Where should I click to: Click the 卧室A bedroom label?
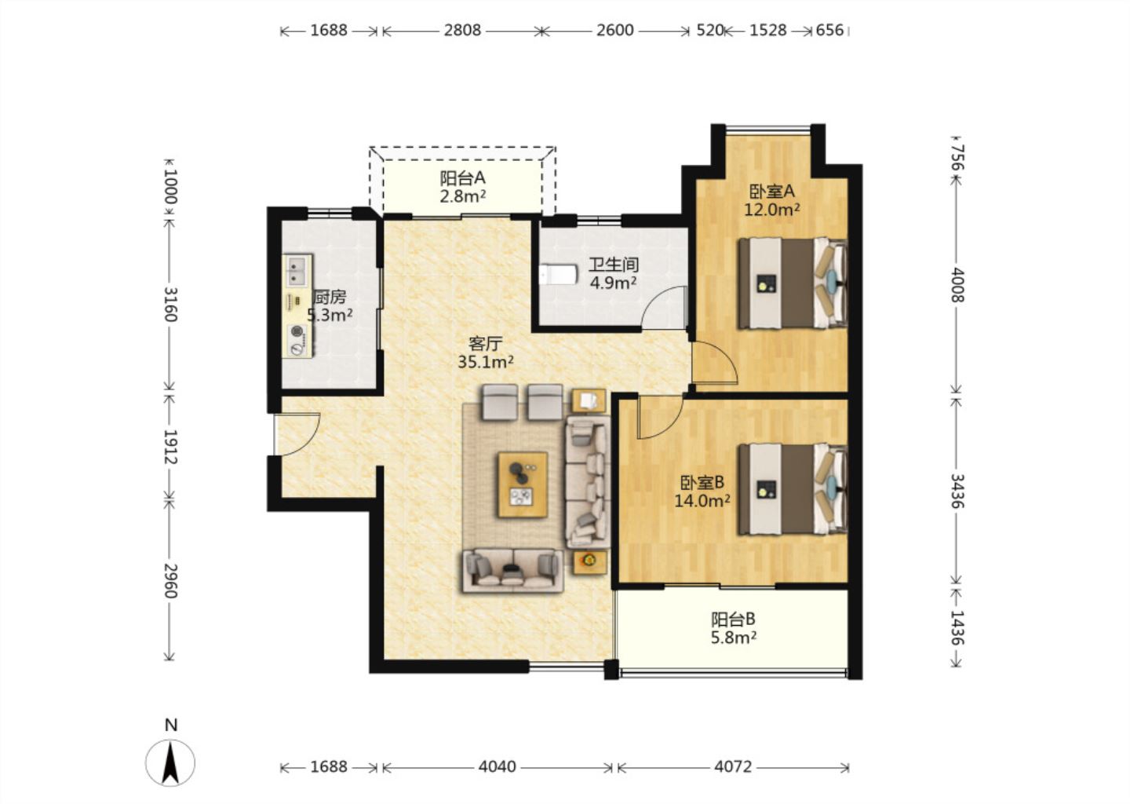pos(772,192)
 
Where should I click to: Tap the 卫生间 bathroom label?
pos(614,265)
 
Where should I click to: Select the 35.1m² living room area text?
pos(486,362)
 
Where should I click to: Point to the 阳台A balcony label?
pos(463,177)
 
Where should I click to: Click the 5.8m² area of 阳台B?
pos(734,638)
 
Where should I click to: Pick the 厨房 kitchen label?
pos(330,297)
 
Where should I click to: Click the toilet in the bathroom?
pos(558,274)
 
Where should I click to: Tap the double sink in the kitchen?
pos(297,271)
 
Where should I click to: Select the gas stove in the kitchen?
pos(297,340)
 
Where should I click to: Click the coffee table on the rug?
pos(523,484)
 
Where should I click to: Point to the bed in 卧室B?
pos(792,488)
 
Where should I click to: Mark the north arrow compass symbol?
pos(170,762)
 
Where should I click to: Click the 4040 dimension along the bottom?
pos(498,767)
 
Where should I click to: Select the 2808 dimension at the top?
pos(462,31)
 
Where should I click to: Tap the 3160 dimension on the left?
pos(170,305)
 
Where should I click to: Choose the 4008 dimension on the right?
pos(957,285)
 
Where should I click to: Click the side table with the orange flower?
pos(589,560)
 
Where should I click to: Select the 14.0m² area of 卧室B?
pos(702,501)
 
